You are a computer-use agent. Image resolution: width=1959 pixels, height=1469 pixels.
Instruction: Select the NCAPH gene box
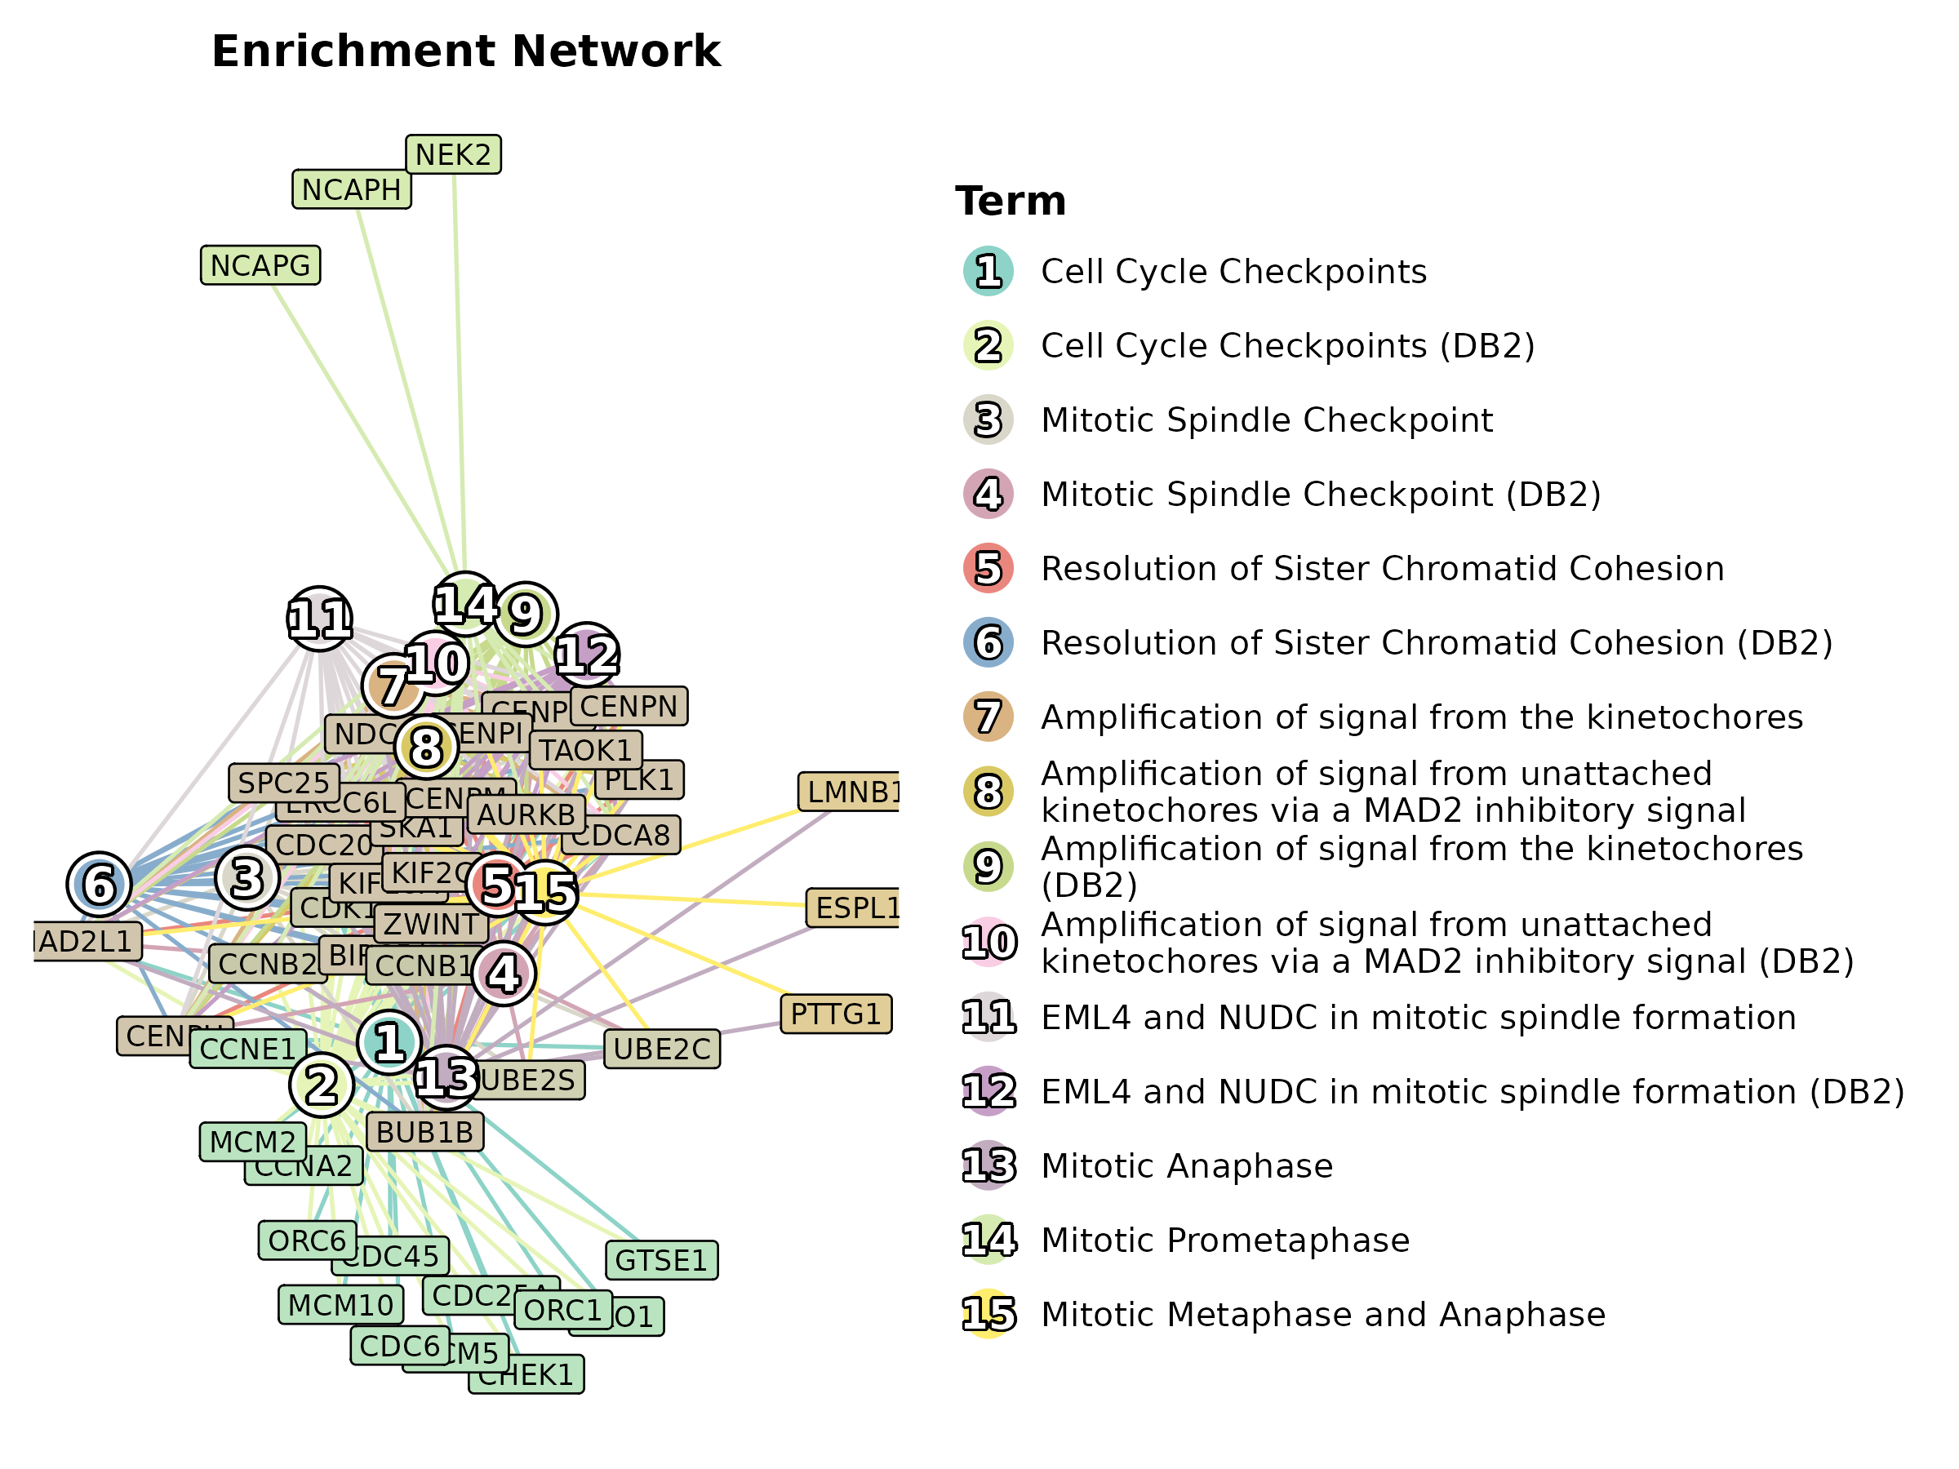(x=352, y=189)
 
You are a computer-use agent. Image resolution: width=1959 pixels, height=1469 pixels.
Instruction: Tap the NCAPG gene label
(x=260, y=265)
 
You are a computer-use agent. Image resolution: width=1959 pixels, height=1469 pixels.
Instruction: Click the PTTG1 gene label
(x=835, y=1014)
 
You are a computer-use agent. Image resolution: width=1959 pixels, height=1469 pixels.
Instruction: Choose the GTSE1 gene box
(x=660, y=1260)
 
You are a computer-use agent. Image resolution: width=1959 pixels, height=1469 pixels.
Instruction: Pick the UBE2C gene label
(x=661, y=1050)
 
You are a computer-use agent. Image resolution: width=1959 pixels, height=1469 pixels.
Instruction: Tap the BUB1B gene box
(x=424, y=1133)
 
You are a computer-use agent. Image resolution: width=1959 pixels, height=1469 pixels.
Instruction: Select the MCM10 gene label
(x=340, y=1305)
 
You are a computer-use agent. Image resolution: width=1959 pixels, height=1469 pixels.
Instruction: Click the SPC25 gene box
(x=283, y=783)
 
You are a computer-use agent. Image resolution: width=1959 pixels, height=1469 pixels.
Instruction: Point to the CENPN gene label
(x=629, y=707)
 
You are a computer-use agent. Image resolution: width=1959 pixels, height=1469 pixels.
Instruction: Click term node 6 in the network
(x=100, y=885)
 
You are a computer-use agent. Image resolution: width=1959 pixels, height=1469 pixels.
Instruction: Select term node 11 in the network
(x=320, y=619)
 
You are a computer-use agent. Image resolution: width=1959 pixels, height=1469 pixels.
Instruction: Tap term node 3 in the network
(x=247, y=877)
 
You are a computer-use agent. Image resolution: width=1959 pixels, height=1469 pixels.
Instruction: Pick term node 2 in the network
(x=322, y=1085)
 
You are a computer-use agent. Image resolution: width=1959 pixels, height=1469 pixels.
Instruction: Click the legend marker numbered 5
(x=988, y=569)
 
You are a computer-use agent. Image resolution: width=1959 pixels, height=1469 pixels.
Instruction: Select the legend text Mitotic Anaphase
(x=1187, y=1166)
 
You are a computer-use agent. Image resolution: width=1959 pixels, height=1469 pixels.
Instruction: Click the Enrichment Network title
(x=466, y=51)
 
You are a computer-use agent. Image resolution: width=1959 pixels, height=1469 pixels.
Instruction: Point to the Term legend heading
(x=1011, y=201)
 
